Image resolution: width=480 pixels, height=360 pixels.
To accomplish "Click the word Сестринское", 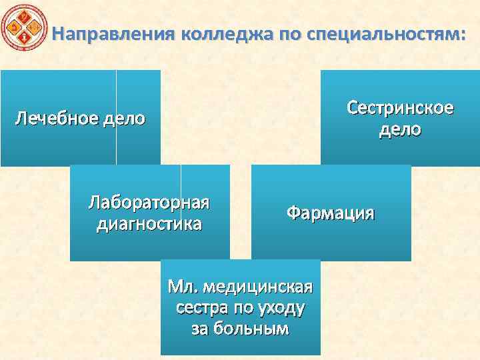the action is point(400,108).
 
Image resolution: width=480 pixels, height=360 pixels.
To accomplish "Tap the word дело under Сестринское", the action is point(400,129).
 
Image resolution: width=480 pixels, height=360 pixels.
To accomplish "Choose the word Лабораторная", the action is point(150,203).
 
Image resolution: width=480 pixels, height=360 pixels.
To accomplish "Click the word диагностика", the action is point(150,223).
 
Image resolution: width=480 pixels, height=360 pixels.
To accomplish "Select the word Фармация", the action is point(331,213).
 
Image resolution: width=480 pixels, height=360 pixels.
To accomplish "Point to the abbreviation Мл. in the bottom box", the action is point(182,287).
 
